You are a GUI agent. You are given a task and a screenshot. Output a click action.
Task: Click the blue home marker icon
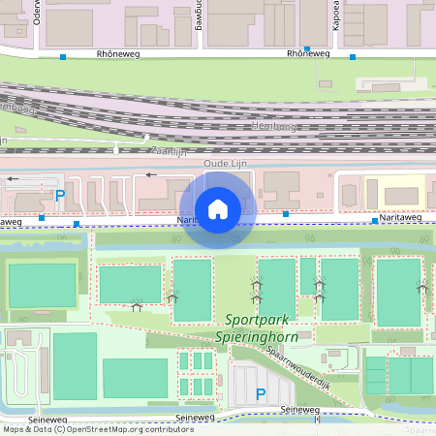click(x=218, y=208)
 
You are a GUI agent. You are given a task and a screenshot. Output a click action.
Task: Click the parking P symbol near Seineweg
click(x=260, y=393)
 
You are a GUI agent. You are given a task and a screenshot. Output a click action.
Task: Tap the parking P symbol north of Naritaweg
click(x=60, y=196)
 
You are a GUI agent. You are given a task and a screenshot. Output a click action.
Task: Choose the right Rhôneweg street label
click(x=308, y=54)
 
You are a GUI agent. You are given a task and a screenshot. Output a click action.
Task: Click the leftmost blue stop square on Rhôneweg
click(x=63, y=57)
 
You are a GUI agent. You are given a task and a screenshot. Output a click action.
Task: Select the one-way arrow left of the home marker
click(x=150, y=175)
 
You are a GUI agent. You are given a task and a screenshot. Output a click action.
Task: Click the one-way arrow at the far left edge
click(x=14, y=179)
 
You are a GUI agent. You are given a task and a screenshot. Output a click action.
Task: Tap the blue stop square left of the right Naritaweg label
click(x=375, y=221)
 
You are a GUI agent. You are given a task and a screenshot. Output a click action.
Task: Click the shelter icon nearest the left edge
click(x=137, y=308)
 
